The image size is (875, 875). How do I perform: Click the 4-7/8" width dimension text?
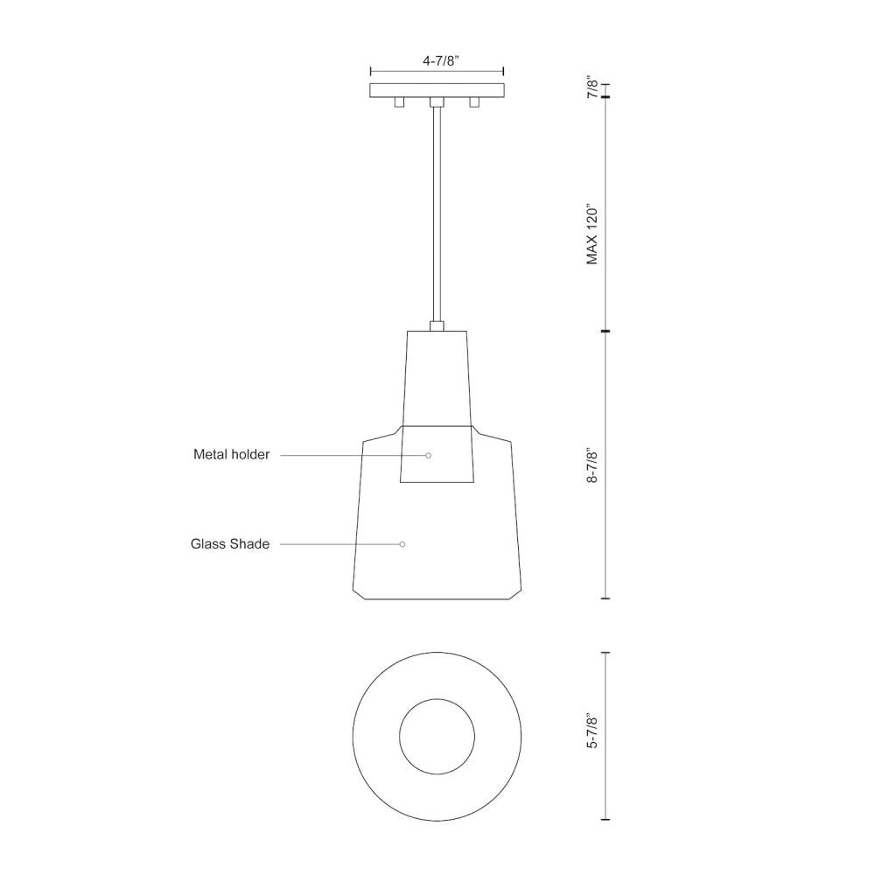point(437,61)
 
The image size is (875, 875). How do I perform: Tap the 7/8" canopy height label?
point(593,89)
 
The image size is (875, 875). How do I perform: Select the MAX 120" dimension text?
point(593,235)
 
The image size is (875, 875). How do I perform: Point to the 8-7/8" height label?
point(593,466)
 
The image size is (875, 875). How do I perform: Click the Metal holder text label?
point(231,455)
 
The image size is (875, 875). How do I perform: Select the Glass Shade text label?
point(230,544)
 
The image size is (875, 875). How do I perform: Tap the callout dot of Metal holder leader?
point(429,455)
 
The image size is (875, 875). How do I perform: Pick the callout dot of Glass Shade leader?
point(402,544)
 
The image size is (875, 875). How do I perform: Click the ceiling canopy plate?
point(437,90)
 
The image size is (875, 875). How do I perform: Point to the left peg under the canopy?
point(399,102)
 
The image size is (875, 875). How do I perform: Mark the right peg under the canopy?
point(475,102)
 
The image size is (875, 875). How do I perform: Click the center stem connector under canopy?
point(437,102)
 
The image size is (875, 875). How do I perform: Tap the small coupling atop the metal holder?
point(437,326)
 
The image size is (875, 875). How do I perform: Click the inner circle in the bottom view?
point(437,736)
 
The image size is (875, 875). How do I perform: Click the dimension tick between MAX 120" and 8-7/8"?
point(605,332)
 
